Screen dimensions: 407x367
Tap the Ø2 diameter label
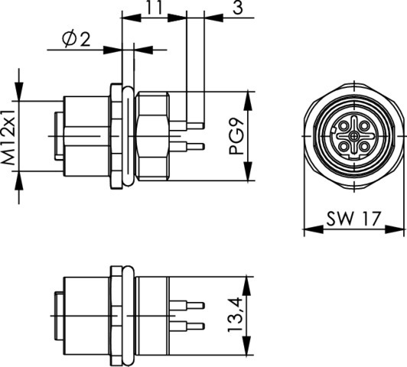(x=76, y=40)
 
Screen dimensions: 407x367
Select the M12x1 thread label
(x=8, y=138)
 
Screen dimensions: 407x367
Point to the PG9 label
(x=236, y=138)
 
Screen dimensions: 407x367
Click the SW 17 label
(x=353, y=219)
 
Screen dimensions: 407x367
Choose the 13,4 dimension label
(x=235, y=315)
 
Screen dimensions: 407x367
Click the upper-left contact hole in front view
(x=344, y=126)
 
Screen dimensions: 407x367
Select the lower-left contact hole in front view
(x=344, y=147)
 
